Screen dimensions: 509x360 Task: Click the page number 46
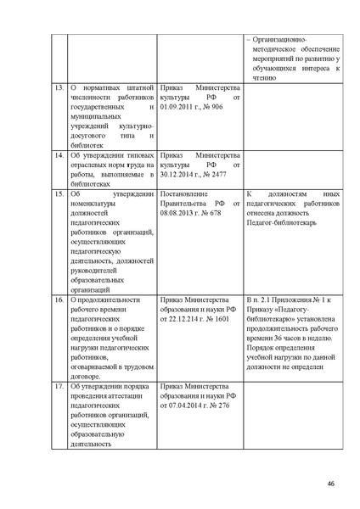330,484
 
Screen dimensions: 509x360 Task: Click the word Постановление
184,194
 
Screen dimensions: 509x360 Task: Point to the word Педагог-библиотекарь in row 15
282,223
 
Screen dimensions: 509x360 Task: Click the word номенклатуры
93,204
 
